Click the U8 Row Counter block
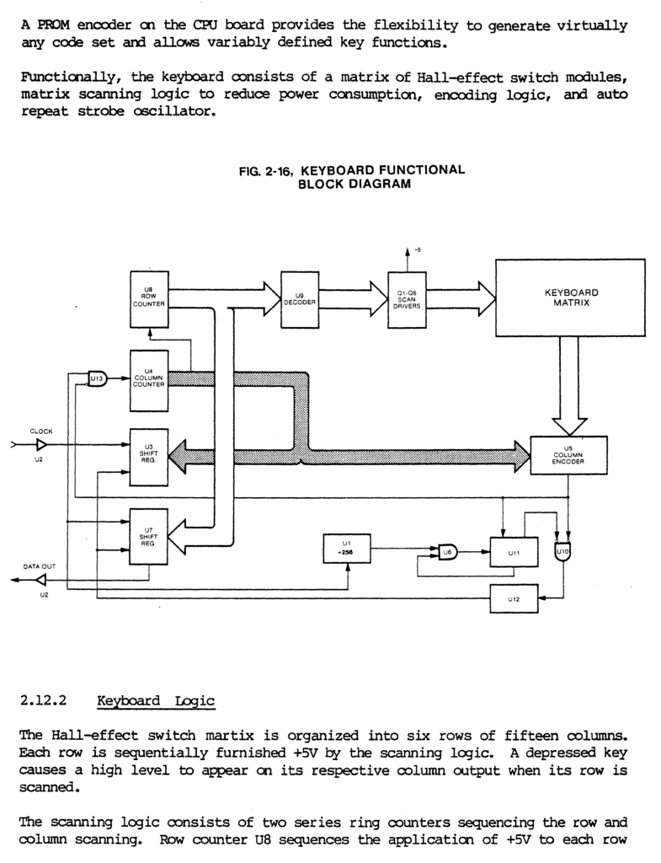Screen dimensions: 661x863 click(149, 299)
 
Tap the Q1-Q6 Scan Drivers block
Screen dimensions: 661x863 click(407, 300)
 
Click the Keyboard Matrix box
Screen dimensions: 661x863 click(570, 297)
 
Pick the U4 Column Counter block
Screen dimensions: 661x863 click(149, 380)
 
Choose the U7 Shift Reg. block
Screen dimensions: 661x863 click(148, 536)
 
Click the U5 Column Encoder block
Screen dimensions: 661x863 click(568, 455)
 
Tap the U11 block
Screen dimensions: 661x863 click(514, 552)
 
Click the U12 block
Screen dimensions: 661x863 click(514, 599)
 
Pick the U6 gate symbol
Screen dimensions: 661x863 click(448, 551)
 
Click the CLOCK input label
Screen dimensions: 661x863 click(41, 431)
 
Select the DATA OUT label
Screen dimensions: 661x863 click(40, 566)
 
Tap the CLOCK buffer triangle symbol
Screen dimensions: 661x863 click(42, 445)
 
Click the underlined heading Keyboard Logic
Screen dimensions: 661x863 click(156, 701)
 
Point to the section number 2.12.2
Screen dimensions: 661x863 click(43, 700)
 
